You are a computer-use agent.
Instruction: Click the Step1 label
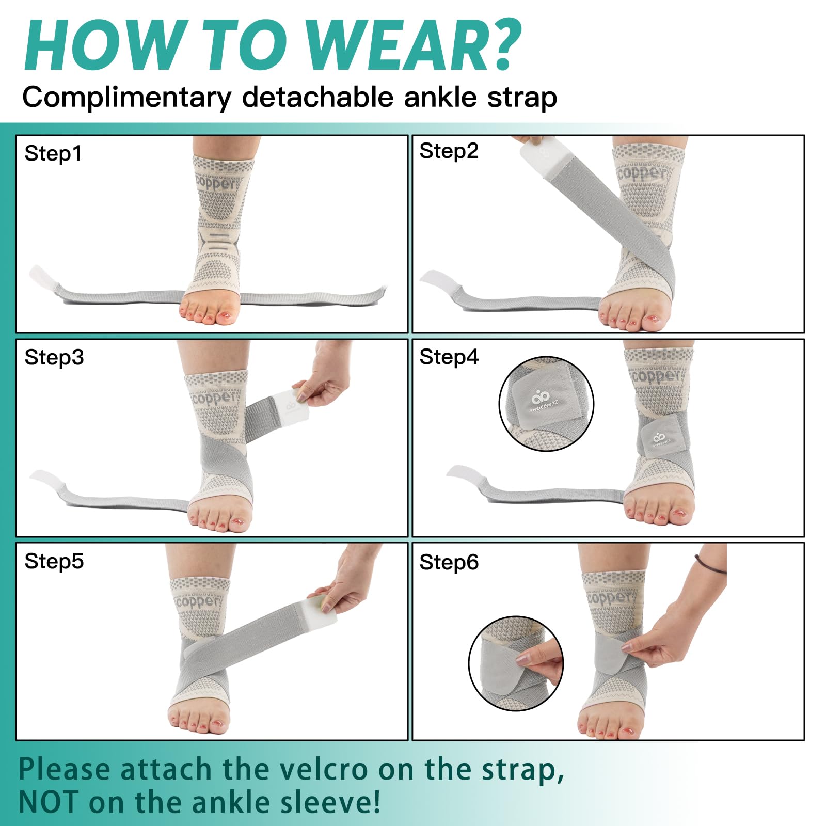pos(53,154)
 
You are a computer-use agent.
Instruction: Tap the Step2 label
pos(449,151)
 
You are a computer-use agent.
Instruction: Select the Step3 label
pos(54,357)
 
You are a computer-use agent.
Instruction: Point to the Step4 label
pos(449,357)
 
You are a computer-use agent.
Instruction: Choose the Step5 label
pos(54,561)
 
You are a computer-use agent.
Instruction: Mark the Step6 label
pos(449,562)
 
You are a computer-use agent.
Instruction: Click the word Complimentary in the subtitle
pos(127,98)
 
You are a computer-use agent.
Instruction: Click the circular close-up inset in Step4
pos(546,404)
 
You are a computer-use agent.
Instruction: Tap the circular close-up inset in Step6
pos(516,663)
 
